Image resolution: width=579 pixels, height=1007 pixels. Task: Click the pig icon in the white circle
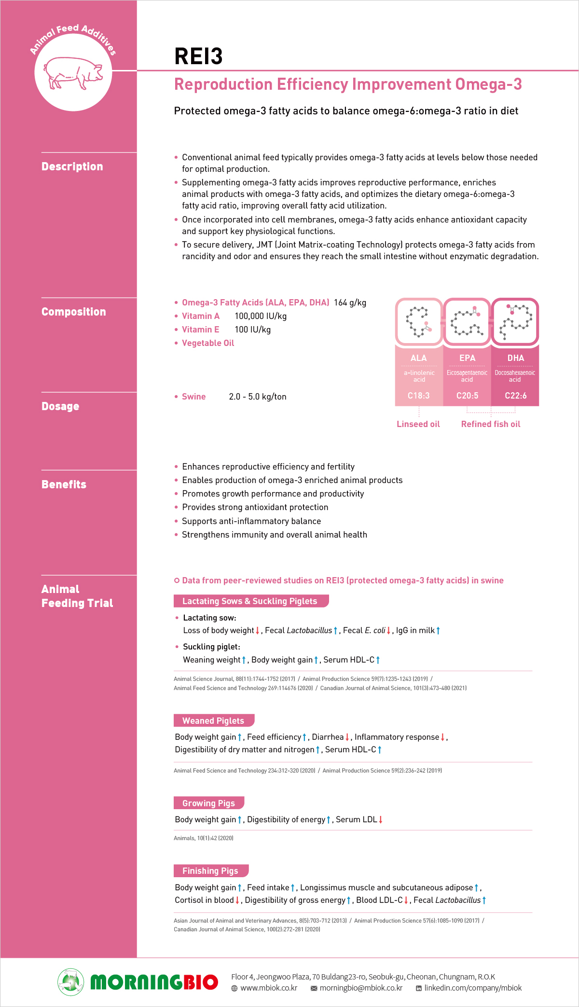pos(73,73)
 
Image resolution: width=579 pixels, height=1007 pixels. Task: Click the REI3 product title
pos(198,56)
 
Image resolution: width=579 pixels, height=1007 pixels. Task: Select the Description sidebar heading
pos(72,166)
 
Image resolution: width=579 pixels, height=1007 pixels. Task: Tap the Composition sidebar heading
pos(74,312)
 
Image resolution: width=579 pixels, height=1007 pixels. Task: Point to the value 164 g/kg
pos(350,303)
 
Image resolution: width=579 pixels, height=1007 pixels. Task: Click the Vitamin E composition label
pos(200,330)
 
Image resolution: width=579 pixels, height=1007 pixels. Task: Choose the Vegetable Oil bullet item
pos(208,343)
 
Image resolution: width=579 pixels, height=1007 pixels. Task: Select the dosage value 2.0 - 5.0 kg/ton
pos(258,397)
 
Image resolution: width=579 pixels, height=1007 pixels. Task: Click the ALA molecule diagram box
pos(419,322)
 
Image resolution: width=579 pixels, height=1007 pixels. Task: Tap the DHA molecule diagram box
pos(515,322)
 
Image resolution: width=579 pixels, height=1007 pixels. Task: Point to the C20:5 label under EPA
pos(467,396)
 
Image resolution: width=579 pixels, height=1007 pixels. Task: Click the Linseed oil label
pos(418,424)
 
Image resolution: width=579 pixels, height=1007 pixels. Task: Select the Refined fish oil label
pos(491,424)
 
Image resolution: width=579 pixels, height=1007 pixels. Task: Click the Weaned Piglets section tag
pos(213,721)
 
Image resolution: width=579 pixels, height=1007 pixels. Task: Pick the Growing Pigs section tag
pos(208,803)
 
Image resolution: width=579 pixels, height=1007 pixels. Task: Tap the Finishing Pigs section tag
pos(210,871)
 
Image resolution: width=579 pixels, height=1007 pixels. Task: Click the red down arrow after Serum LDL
pos(381,820)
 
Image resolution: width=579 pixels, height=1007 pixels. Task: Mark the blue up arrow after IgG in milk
pos(438,631)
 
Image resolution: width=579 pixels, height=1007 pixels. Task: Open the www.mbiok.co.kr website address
pos(269,988)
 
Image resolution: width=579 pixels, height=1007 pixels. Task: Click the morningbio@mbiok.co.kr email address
pos(361,988)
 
